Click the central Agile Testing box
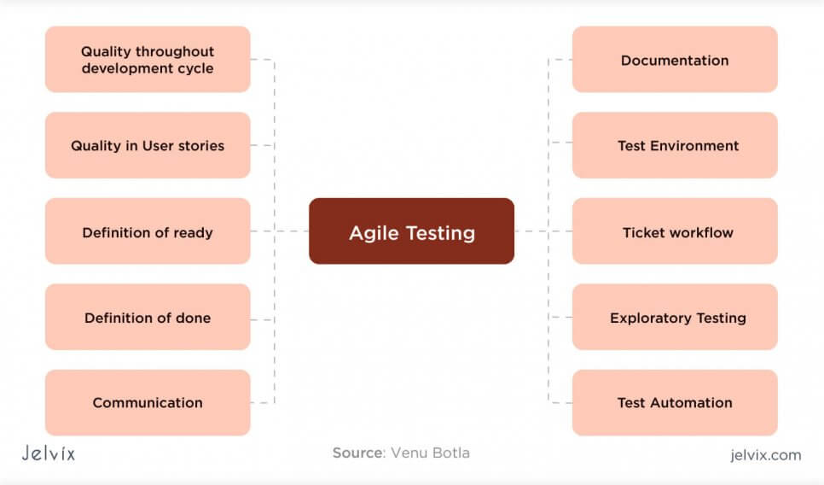tap(411, 231)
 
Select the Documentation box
tap(675, 60)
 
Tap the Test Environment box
tap(675, 145)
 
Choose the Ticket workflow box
tap(675, 231)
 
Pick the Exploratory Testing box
tap(675, 318)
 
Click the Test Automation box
tap(675, 403)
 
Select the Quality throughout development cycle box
tap(148, 60)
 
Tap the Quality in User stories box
tap(148, 145)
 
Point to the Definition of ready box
tap(148, 231)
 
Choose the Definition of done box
tap(148, 318)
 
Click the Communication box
tap(148, 403)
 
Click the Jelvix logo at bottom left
tap(48, 453)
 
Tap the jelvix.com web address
tap(766, 455)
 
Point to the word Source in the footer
tap(357, 453)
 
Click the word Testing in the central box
tap(442, 233)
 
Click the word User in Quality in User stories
tap(158, 145)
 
